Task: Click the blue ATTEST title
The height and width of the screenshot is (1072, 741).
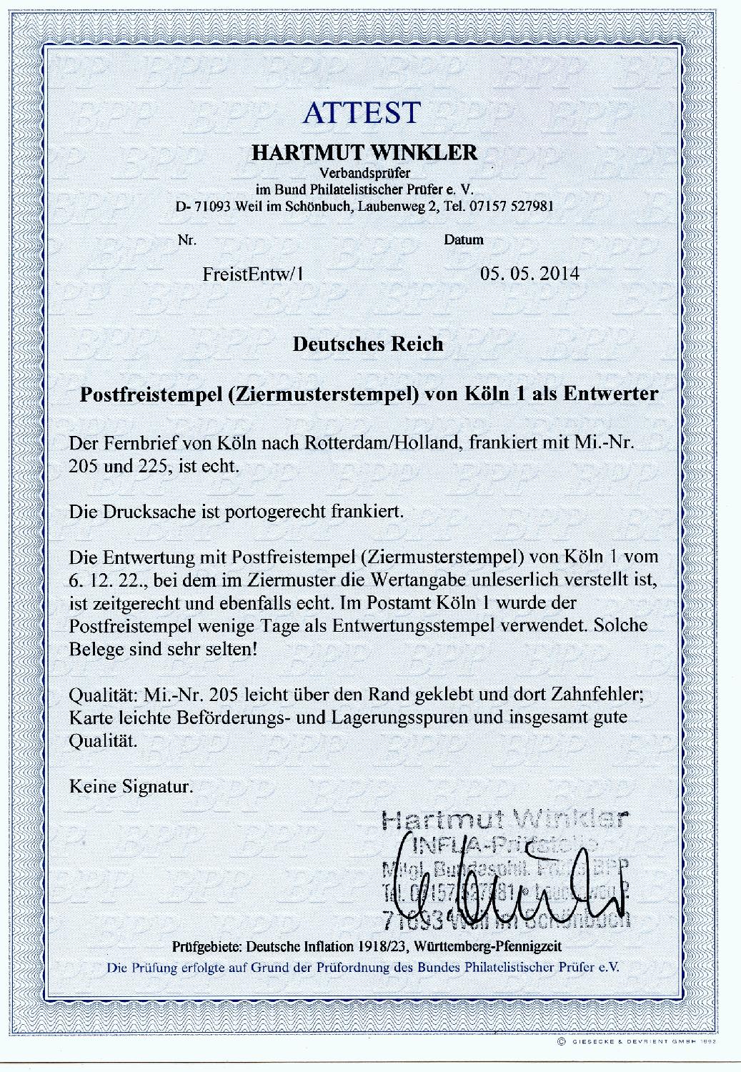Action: (x=361, y=112)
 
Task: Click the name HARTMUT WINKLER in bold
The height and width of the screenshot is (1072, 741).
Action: (x=363, y=153)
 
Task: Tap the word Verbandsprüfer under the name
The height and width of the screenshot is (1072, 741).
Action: (x=363, y=172)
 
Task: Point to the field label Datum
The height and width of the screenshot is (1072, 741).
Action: (x=464, y=240)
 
